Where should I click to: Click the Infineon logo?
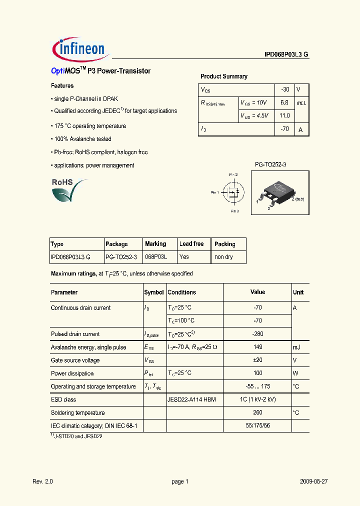point(79,48)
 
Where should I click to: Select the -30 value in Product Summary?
point(285,89)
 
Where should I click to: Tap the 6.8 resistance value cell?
point(284,102)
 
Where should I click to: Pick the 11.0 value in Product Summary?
point(284,115)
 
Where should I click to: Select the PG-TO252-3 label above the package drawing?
point(270,164)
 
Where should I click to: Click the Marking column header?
point(155,244)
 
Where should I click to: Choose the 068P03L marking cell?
point(156,257)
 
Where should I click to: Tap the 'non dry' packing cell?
point(223,257)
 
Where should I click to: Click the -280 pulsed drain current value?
point(258,334)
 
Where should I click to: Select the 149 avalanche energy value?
point(258,347)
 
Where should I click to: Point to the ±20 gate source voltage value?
point(258,360)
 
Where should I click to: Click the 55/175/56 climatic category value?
point(258,425)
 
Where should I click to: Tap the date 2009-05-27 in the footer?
point(313,481)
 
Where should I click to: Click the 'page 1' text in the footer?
point(179,481)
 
